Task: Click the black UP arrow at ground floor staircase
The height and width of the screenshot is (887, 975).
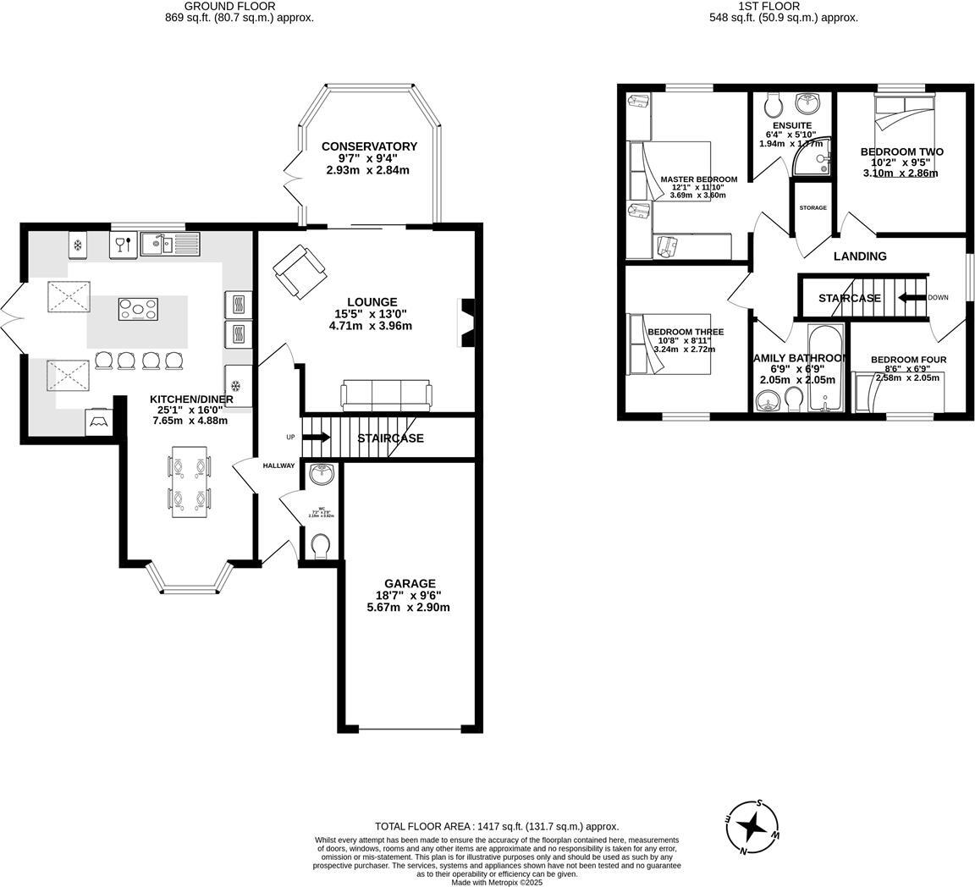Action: pyautogui.click(x=317, y=438)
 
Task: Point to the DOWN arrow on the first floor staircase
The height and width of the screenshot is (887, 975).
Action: pyautogui.click(x=912, y=298)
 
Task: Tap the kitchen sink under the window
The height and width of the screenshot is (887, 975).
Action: pyautogui.click(x=169, y=245)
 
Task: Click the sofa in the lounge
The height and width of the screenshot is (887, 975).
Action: pyautogui.click(x=386, y=395)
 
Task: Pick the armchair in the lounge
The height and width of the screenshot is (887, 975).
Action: pyautogui.click(x=299, y=271)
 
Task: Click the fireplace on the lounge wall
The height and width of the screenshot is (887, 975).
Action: pyautogui.click(x=466, y=322)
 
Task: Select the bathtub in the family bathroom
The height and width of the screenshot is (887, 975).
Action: pyautogui.click(x=824, y=368)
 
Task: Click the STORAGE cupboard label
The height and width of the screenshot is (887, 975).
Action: pyautogui.click(x=812, y=208)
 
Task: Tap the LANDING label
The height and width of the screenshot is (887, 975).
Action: pyautogui.click(x=860, y=256)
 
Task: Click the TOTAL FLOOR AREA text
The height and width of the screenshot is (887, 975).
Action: pyautogui.click(x=497, y=826)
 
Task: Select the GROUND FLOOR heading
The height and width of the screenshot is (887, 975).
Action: pyautogui.click(x=218, y=6)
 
